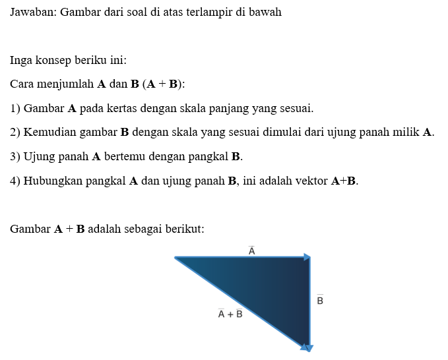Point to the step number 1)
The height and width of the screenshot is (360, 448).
coord(15,108)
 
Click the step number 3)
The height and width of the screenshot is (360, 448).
coord(15,156)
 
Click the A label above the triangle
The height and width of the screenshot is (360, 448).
coord(251,250)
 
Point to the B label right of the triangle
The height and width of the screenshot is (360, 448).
coord(320,300)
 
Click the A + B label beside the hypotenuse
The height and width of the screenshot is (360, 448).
coord(230,313)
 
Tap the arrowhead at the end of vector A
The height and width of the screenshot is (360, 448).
coord(307,257)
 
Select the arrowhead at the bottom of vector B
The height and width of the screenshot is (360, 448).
coord(307,347)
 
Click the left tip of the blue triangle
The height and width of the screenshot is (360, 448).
coord(177,258)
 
